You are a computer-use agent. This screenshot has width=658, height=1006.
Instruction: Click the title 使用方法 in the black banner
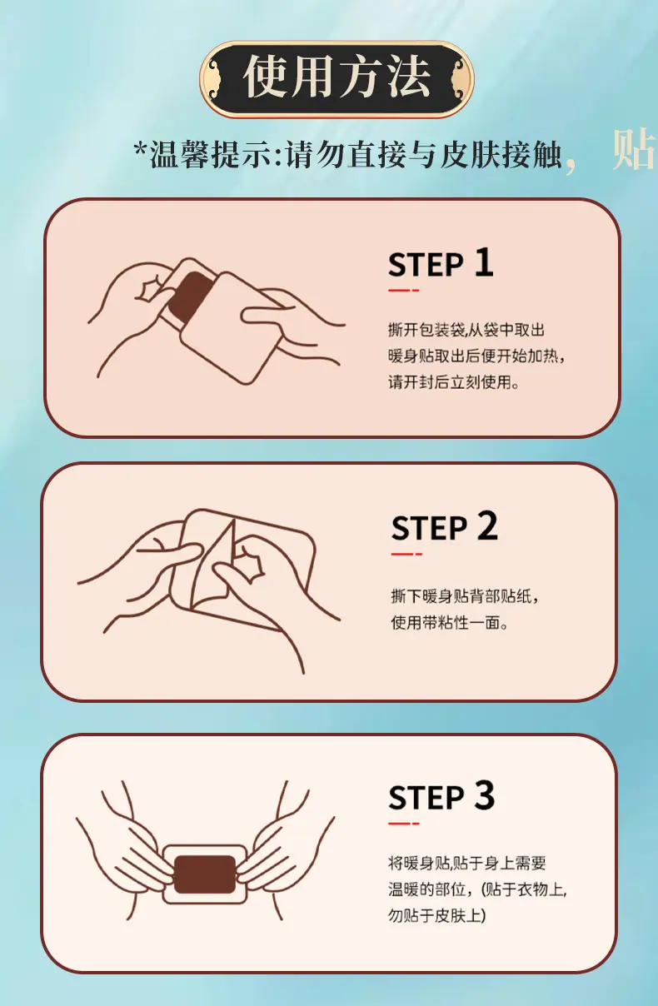[x=336, y=77]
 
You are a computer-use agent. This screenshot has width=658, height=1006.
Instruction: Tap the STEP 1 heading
[x=441, y=263]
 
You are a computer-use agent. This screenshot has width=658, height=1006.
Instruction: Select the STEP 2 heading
[x=444, y=526]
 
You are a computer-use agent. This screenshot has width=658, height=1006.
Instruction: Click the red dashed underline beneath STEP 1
[x=403, y=291]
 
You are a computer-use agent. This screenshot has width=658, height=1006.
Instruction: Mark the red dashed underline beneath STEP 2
[x=406, y=554]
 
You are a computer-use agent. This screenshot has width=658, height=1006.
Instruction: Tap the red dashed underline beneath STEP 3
[x=403, y=824]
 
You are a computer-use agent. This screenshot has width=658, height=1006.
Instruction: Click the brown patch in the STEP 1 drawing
[x=190, y=296]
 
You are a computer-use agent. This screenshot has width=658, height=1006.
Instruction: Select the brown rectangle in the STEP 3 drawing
[x=205, y=874]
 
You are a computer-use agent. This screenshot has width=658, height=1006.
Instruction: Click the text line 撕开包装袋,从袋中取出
[x=466, y=330]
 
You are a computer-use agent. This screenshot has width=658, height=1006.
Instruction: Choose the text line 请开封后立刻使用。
[x=454, y=382]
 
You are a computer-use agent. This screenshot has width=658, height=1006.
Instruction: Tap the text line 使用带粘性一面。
[x=450, y=622]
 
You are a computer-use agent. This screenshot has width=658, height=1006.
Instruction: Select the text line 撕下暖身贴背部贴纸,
[x=465, y=596]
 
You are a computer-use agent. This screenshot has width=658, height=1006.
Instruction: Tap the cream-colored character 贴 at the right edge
[x=634, y=149]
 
